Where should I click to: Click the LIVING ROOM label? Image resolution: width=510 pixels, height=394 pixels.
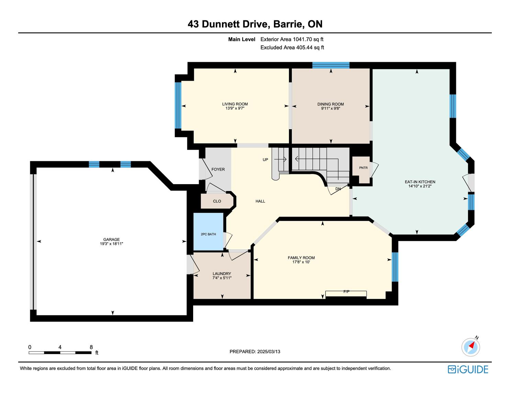pyautogui.click(x=235, y=104)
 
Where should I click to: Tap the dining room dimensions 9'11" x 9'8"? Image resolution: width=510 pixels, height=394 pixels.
pyautogui.click(x=331, y=108)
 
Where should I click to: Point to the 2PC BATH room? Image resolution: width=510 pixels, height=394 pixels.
pyautogui.click(x=208, y=232)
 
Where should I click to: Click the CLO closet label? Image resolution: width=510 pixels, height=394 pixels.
pyautogui.click(x=217, y=201)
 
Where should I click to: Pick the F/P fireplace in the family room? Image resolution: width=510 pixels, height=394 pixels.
pyautogui.click(x=346, y=294)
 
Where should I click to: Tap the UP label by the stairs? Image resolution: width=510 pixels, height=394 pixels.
pyautogui.click(x=265, y=160)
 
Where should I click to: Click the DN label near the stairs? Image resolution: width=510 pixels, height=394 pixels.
pyautogui.click(x=338, y=189)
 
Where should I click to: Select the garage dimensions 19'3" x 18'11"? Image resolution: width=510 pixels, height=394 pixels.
pyautogui.click(x=111, y=244)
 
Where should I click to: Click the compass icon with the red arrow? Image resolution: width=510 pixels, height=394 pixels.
pyautogui.click(x=470, y=347)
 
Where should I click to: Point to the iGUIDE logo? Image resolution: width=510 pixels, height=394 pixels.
pyautogui.click(x=468, y=370)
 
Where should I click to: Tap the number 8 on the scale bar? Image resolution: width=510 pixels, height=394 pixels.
pyautogui.click(x=91, y=347)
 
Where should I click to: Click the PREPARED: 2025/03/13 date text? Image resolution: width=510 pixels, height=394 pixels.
pyautogui.click(x=255, y=351)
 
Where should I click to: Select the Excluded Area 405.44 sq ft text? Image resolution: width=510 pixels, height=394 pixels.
pyautogui.click(x=292, y=47)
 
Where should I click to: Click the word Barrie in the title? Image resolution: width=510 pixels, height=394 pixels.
pyautogui.click(x=288, y=24)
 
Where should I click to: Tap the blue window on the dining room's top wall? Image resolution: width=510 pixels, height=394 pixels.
pyautogui.click(x=331, y=65)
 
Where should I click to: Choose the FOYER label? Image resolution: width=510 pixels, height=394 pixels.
pyautogui.click(x=218, y=169)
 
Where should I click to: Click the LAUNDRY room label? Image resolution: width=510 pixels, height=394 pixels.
pyautogui.click(x=222, y=274)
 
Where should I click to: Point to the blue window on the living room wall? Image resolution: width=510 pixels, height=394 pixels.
pyautogui.click(x=178, y=105)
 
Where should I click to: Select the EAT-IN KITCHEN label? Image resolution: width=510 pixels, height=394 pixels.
pyautogui.click(x=420, y=182)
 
